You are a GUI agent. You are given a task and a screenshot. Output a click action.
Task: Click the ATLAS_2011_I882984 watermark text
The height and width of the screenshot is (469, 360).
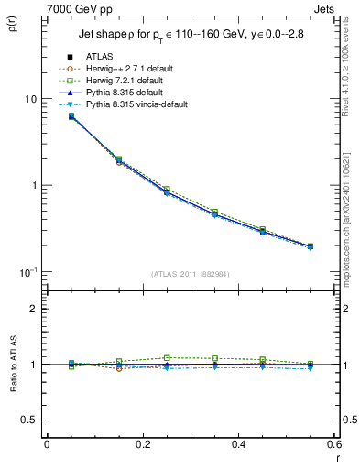[190, 275]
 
